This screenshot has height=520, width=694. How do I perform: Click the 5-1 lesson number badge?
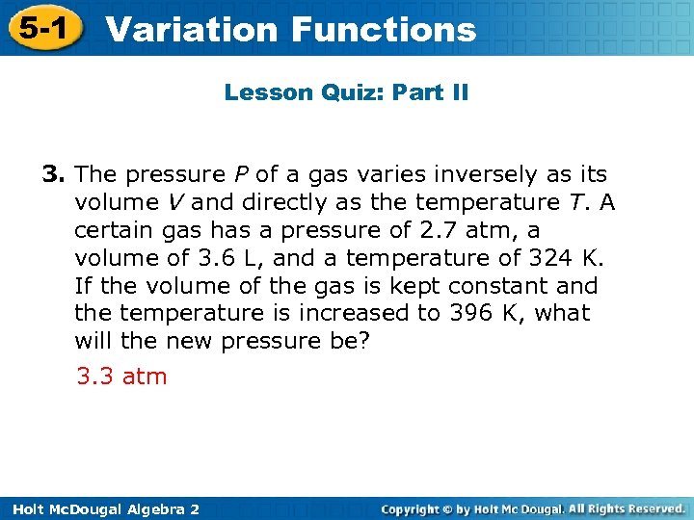point(40,28)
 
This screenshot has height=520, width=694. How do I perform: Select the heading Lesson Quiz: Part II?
point(346,93)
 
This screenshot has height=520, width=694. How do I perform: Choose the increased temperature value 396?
point(468,313)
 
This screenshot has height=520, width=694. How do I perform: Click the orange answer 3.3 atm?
point(121,376)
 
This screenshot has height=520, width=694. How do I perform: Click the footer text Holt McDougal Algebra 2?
point(100,508)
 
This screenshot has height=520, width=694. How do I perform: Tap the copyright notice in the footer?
point(533,507)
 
